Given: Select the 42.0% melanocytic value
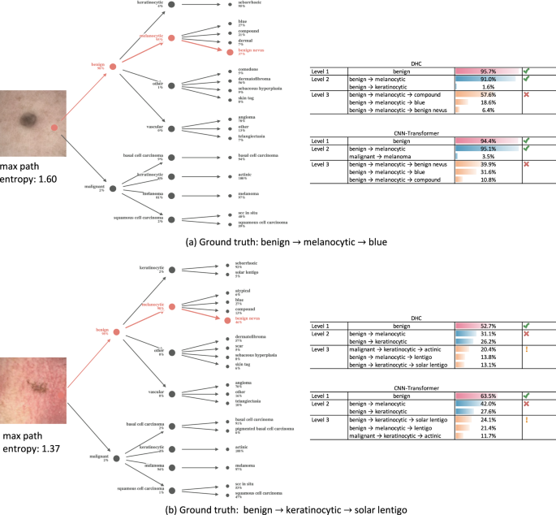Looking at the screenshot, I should (x=488, y=405).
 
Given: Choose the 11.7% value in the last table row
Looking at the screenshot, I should (x=488, y=435).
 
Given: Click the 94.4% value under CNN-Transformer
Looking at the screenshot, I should (x=488, y=140).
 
